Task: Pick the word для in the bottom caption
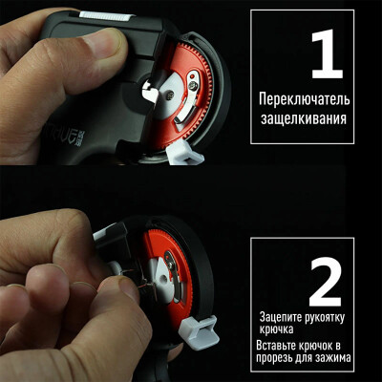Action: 308,360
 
